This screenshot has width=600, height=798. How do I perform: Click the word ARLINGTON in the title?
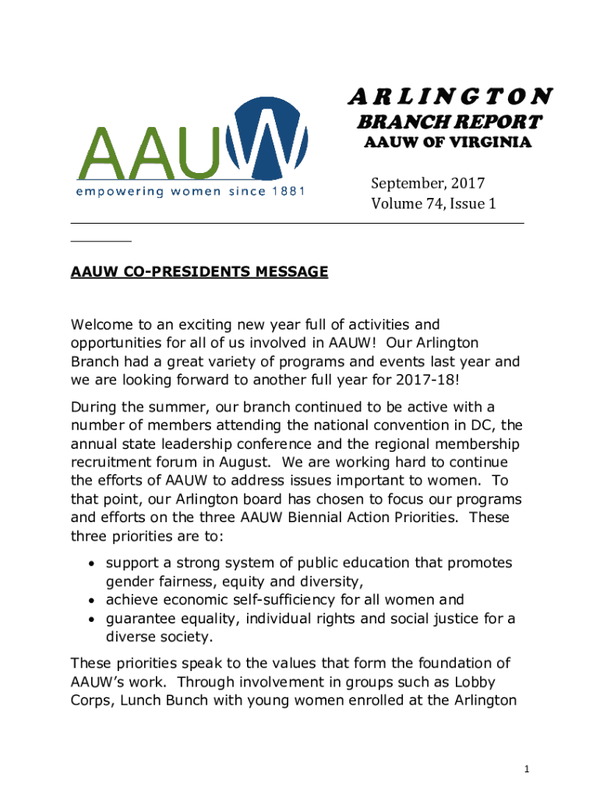click(450, 96)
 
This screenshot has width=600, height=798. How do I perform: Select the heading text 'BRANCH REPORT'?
click(448, 122)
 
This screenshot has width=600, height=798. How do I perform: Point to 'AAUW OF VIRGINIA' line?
click(448, 143)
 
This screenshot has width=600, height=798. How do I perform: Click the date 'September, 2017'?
click(427, 183)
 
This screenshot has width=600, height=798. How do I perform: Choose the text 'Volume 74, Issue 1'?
click(433, 204)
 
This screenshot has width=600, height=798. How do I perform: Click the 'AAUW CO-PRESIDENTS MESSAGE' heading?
click(199, 272)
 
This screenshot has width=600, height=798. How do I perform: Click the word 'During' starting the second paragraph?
click(93, 408)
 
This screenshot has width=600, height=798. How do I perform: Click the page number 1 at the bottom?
click(528, 770)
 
